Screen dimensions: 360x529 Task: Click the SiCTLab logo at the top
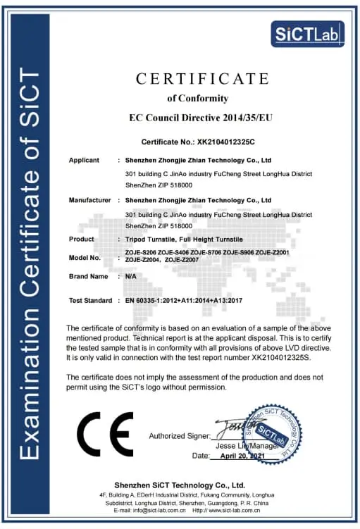click(x=307, y=32)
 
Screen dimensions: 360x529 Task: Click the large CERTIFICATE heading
click(x=198, y=78)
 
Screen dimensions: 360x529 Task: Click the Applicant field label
click(x=84, y=161)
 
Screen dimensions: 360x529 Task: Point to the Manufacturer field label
click(x=89, y=200)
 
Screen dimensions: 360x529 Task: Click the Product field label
click(x=81, y=239)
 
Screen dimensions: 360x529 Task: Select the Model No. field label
click(x=85, y=258)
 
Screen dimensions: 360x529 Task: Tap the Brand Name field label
click(x=88, y=277)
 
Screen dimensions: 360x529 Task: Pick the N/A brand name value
click(x=130, y=277)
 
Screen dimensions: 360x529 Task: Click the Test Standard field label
click(x=90, y=301)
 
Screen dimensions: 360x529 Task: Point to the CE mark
click(x=104, y=434)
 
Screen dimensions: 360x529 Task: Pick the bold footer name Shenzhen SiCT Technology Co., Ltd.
click(x=180, y=485)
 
